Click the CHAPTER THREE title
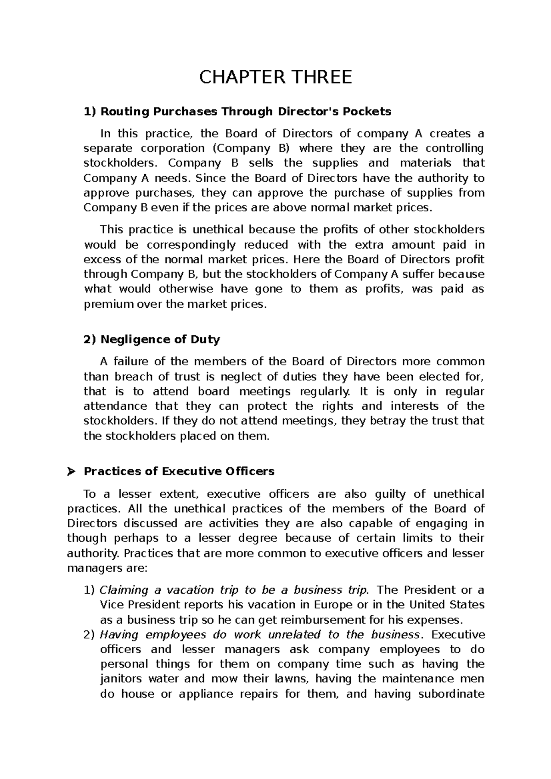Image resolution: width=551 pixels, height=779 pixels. point(275,77)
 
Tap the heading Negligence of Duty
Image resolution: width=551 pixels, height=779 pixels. point(152,339)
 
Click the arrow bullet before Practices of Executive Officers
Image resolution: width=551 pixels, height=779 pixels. point(71,472)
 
